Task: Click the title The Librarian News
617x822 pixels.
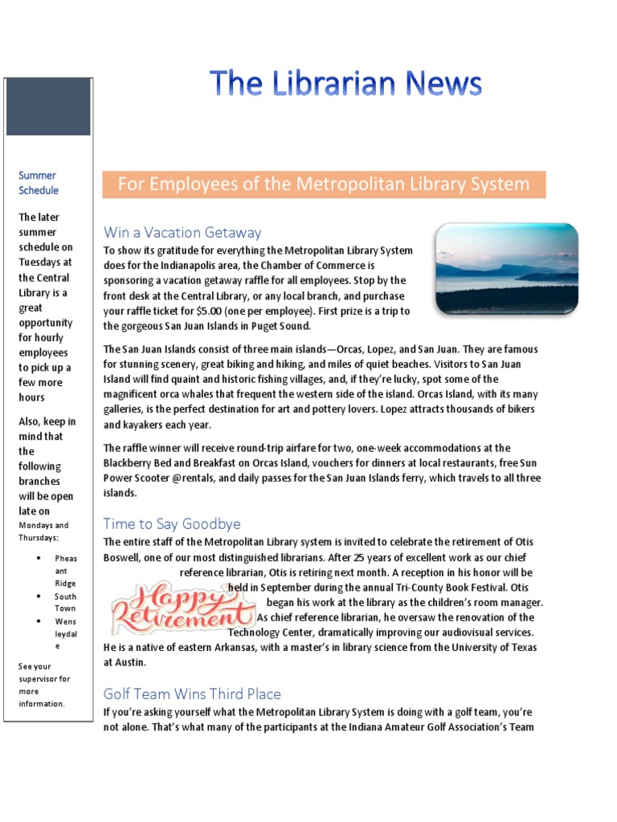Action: click(345, 84)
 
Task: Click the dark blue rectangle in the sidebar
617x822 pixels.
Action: click(48, 106)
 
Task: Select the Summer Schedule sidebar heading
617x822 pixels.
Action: click(39, 183)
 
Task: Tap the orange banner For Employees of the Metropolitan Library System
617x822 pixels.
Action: click(324, 185)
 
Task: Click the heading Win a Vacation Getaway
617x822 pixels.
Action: click(182, 233)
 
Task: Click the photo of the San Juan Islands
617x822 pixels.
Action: click(506, 269)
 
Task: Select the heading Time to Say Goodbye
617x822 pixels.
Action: click(172, 524)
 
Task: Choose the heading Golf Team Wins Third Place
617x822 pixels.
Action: click(192, 694)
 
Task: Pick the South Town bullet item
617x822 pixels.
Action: click(66, 602)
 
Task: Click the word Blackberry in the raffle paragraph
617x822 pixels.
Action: click(132, 463)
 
